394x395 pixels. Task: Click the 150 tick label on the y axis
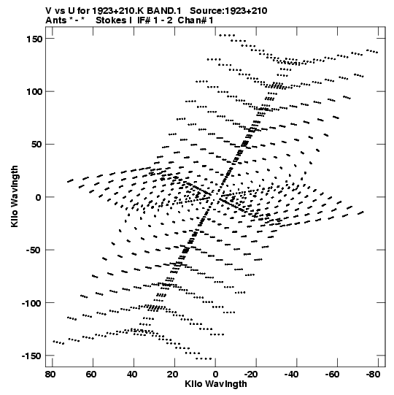point(34,39)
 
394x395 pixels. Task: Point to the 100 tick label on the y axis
point(34,92)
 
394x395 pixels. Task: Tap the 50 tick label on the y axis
point(36,145)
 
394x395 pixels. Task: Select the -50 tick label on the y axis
point(34,250)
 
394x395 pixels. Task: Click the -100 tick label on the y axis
point(31,303)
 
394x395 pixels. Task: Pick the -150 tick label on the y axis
point(31,356)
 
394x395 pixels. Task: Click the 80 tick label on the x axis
point(50,375)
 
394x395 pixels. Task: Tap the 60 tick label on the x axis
point(91,375)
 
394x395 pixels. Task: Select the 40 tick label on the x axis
point(132,375)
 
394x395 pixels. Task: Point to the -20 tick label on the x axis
point(251,375)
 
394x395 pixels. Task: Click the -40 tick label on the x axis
point(292,375)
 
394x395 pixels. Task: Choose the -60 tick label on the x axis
point(332,375)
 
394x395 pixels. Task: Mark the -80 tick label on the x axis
point(373,375)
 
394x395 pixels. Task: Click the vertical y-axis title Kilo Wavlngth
point(15,196)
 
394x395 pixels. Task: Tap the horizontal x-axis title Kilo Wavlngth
point(216,384)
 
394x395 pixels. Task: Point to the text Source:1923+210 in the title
point(228,11)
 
